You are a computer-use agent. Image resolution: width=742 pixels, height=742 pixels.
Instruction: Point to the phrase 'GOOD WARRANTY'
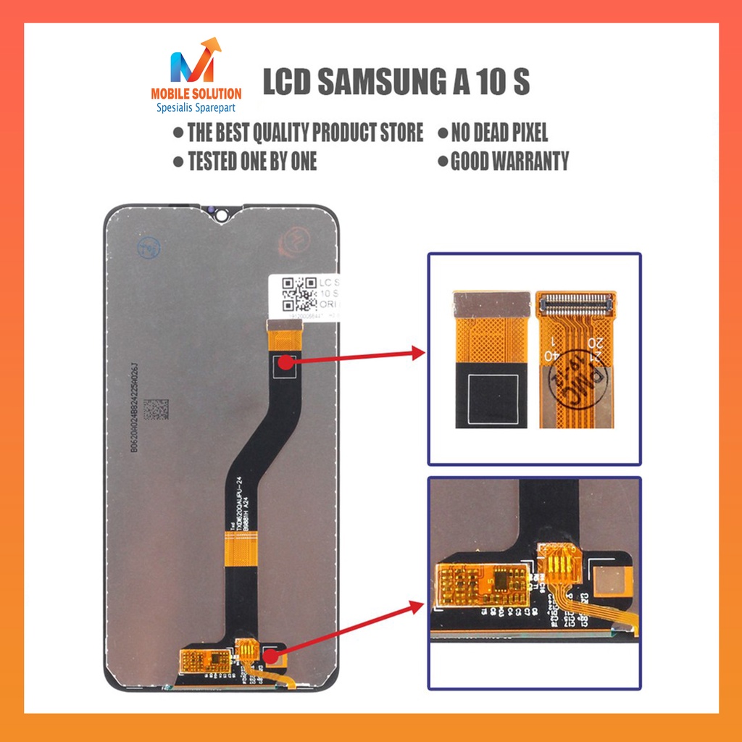[509, 161]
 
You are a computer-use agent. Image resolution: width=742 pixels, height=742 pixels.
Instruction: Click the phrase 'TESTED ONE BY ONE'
[251, 161]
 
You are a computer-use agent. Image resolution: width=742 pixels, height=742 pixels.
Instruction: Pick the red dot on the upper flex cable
[285, 362]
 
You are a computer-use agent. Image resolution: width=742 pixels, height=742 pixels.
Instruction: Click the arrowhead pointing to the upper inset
[417, 353]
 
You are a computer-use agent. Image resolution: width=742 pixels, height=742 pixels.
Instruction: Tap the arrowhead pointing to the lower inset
[417, 604]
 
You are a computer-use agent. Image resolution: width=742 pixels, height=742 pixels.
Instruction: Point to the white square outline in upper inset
[493, 399]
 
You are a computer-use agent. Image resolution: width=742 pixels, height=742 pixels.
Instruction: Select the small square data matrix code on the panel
[156, 410]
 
